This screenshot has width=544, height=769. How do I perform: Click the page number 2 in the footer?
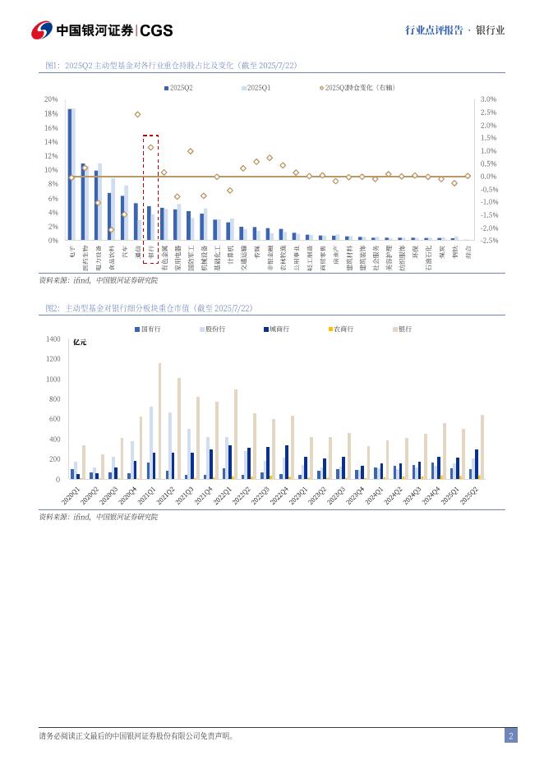(x=510, y=736)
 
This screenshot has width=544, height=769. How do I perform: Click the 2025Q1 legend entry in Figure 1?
(x=256, y=87)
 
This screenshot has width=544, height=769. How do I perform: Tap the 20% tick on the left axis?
(x=51, y=99)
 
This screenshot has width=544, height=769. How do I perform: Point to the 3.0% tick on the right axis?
(x=487, y=99)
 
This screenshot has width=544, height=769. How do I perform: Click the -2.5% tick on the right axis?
(x=487, y=241)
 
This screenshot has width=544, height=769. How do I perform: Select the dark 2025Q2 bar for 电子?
(x=70, y=174)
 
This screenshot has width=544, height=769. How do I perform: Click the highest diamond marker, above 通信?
(x=137, y=114)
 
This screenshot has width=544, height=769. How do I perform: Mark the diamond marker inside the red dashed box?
(x=150, y=148)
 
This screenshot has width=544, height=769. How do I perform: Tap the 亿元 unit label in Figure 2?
(x=80, y=342)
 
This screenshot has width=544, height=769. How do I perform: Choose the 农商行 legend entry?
(x=339, y=329)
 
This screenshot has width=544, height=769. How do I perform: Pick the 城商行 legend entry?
(x=278, y=329)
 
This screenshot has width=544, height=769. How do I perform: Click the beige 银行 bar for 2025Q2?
(x=482, y=447)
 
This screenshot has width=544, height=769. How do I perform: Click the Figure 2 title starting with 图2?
(x=149, y=308)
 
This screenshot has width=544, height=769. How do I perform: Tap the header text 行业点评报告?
(x=435, y=30)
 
